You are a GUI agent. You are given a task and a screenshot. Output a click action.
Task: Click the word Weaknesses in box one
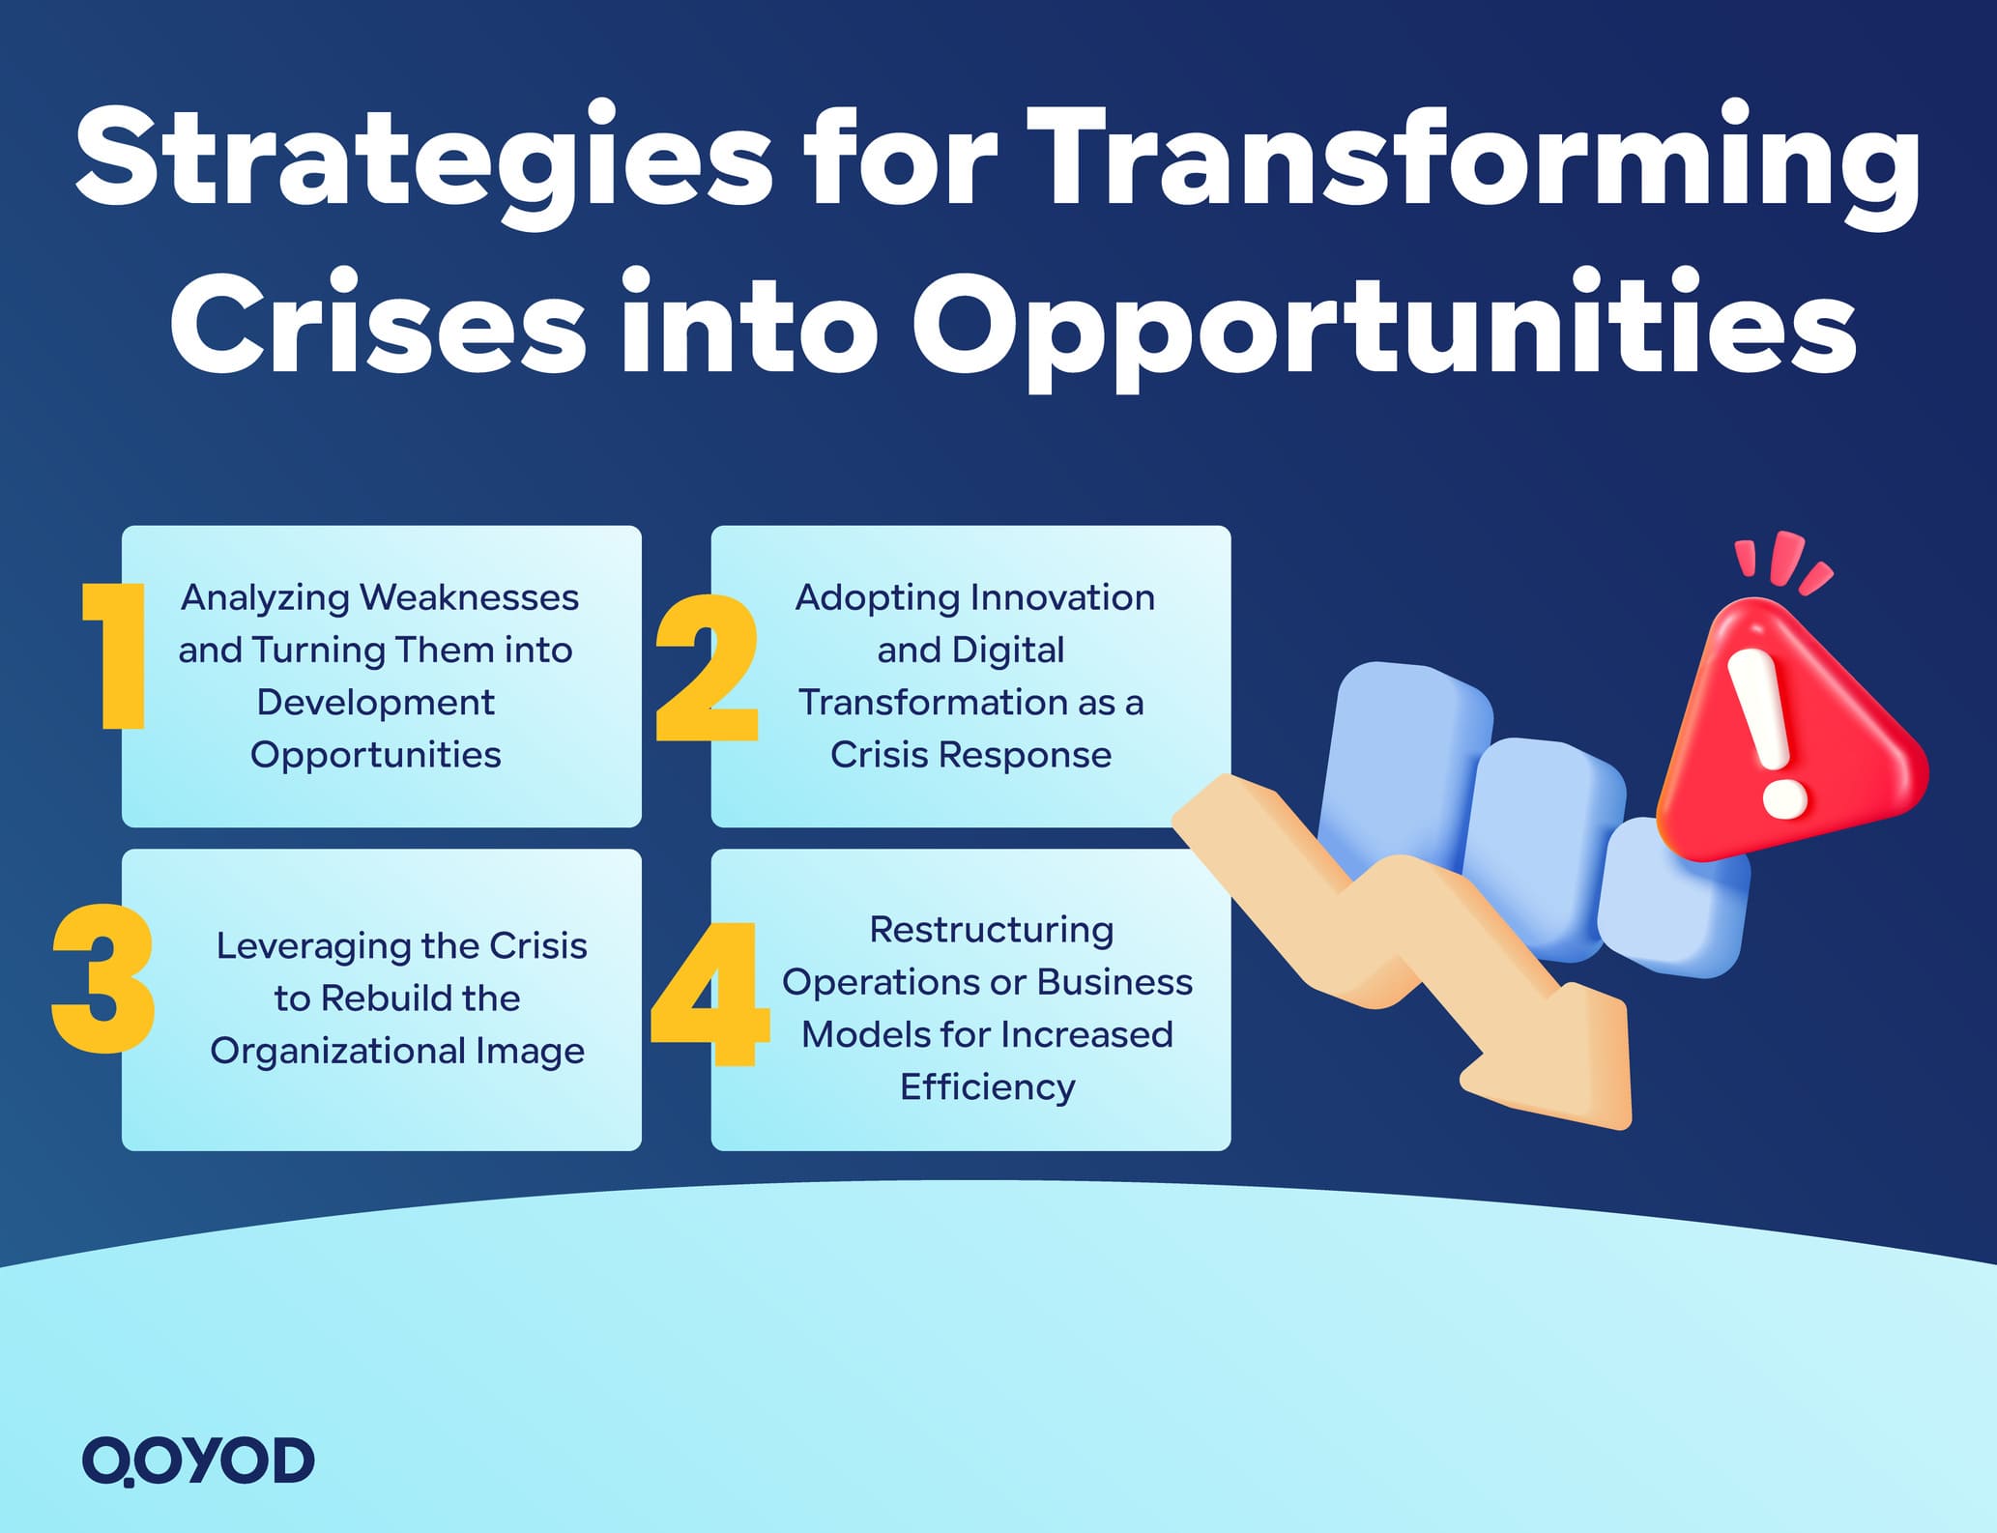(469, 597)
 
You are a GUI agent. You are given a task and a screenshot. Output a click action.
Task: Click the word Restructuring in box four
(991, 930)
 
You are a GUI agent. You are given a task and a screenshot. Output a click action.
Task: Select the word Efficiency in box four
(987, 1087)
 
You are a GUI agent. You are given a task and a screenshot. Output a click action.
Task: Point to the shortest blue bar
(1672, 899)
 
